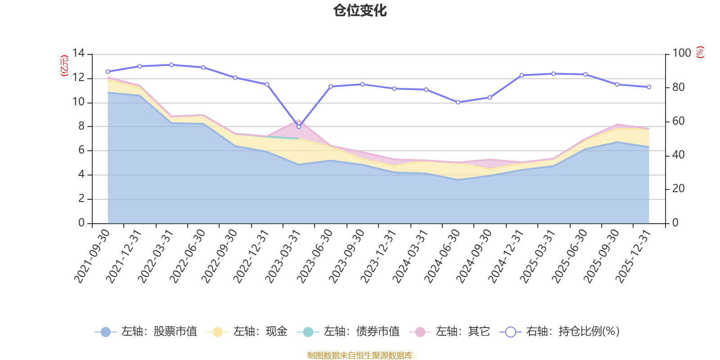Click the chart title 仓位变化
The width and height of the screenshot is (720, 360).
360,10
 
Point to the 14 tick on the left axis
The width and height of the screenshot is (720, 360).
79,54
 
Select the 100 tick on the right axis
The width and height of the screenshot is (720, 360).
681,54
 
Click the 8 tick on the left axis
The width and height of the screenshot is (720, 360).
81,126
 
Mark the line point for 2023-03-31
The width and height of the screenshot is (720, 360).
299,126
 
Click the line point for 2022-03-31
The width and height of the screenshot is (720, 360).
171,65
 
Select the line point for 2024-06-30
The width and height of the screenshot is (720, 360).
458,102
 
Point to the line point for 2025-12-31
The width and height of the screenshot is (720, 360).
649,87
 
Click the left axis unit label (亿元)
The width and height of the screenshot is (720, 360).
64,66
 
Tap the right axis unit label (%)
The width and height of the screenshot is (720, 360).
700,52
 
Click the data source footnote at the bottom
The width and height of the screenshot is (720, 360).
360,355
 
